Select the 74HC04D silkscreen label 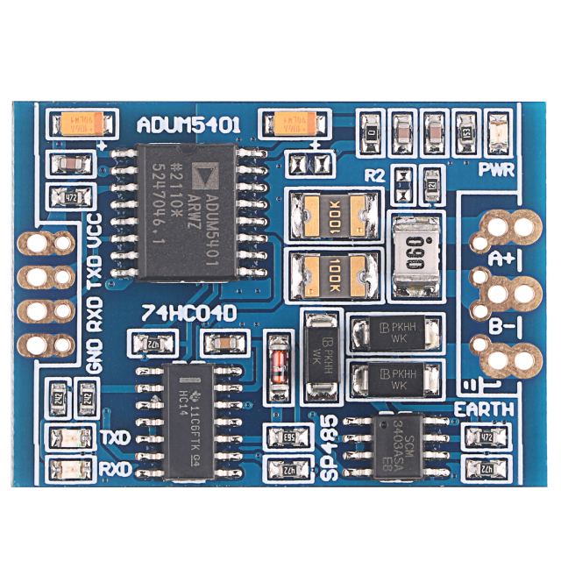click(x=181, y=313)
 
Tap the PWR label click(x=496, y=170)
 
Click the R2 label click(x=376, y=174)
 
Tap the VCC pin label click(x=94, y=231)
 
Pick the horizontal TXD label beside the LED click(x=115, y=437)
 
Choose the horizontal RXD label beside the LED click(x=115, y=469)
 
